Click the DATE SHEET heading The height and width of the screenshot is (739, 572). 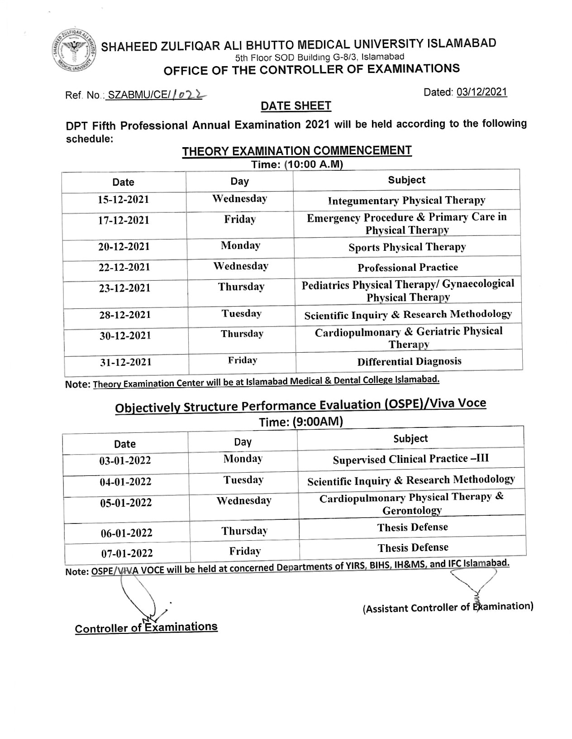(x=296, y=106)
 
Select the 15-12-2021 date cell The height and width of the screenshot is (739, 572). (x=124, y=200)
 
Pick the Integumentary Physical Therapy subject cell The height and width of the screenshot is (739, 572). (x=406, y=200)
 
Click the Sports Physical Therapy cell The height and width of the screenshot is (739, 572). (x=407, y=247)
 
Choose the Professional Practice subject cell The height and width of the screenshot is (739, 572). (x=408, y=268)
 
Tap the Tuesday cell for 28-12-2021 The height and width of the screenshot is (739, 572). (x=242, y=313)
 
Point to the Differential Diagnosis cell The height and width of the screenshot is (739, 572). (x=409, y=361)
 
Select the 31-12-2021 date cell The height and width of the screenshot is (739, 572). (x=125, y=362)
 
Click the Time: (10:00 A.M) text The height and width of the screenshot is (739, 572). (x=297, y=164)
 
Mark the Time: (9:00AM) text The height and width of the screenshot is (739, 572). (x=301, y=422)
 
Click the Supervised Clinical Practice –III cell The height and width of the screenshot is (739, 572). (x=410, y=459)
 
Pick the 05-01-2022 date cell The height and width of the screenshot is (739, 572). (x=126, y=503)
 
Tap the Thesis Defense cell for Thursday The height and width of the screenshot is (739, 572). (x=412, y=527)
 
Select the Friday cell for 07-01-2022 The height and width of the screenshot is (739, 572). (x=245, y=551)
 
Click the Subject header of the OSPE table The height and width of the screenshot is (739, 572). (x=410, y=438)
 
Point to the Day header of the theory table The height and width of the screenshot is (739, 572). (x=239, y=182)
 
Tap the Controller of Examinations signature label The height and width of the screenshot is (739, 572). (x=146, y=628)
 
